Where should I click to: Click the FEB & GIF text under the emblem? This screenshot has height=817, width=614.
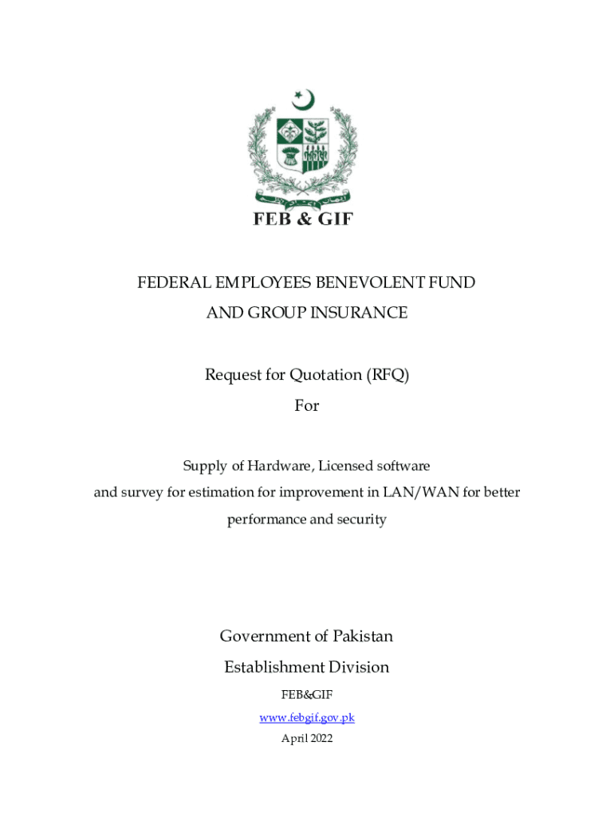(x=303, y=218)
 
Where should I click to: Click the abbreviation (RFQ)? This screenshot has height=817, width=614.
(x=388, y=375)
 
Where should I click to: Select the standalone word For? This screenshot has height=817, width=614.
(x=307, y=405)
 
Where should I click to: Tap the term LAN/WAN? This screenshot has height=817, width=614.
(x=420, y=492)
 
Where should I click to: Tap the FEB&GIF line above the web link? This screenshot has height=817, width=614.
(x=307, y=695)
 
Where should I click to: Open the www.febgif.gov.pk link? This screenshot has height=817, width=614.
(x=307, y=717)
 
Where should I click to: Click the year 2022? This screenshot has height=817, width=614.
(x=320, y=738)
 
